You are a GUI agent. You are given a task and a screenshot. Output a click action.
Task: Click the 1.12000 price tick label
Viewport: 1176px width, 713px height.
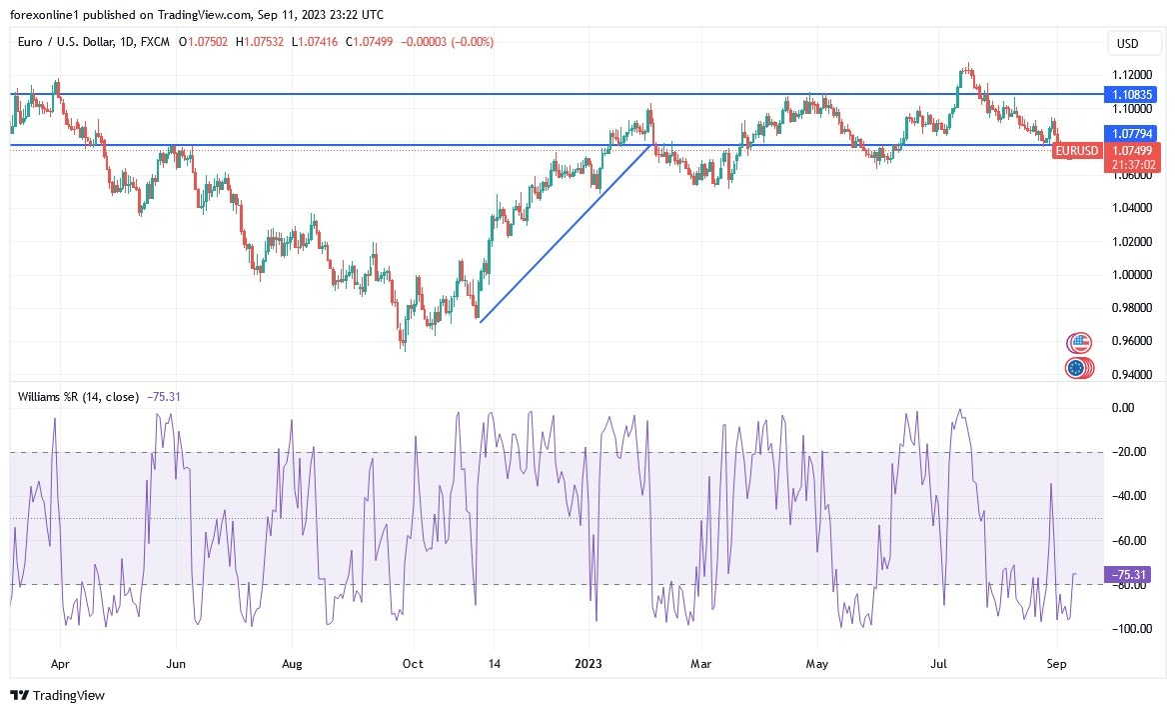point(1133,75)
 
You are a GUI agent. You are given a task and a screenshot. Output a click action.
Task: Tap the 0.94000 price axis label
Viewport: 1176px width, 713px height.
point(1133,374)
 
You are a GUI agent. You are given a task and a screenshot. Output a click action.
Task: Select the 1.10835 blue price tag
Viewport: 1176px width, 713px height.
point(1132,95)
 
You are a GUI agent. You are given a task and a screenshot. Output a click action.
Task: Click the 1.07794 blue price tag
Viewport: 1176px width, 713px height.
point(1132,133)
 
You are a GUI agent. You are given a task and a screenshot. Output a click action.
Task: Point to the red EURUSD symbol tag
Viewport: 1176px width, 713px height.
point(1076,151)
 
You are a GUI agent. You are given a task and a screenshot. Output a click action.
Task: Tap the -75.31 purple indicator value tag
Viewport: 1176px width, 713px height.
point(1131,574)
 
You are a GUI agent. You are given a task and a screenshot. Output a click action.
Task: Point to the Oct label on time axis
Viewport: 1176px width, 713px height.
point(413,662)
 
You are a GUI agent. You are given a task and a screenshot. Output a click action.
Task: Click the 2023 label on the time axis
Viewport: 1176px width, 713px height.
point(588,662)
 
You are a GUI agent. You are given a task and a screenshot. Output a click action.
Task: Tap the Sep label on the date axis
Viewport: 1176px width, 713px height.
point(1057,662)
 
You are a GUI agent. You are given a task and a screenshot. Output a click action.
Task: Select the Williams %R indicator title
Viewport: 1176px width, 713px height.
point(78,397)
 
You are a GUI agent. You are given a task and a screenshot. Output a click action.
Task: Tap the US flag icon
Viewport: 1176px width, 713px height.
point(1077,343)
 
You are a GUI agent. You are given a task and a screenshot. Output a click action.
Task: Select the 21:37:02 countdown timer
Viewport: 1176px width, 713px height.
point(1132,164)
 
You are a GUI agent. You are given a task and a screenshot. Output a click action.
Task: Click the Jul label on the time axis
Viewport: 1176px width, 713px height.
point(940,662)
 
